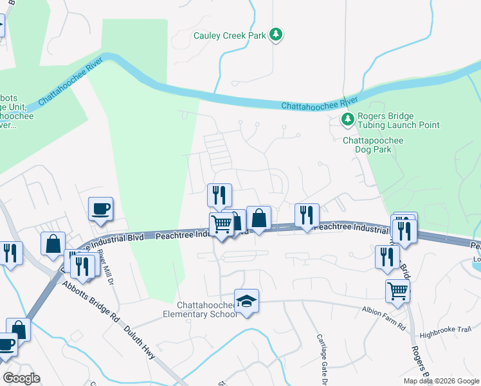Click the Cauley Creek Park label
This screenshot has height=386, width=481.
(x=230, y=36)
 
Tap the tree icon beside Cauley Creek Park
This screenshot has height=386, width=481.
(x=276, y=34)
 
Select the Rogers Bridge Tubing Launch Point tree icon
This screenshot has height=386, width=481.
(x=348, y=119)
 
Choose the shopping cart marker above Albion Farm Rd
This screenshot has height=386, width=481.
(x=398, y=291)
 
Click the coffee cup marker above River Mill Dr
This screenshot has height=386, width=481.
(x=101, y=208)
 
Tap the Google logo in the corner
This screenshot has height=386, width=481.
(x=21, y=378)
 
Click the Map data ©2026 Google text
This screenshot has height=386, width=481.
(x=440, y=381)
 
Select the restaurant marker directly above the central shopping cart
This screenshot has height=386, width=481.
(x=219, y=195)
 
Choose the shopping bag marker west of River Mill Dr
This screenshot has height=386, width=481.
(x=53, y=244)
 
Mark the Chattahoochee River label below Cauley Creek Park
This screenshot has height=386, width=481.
(x=320, y=104)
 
